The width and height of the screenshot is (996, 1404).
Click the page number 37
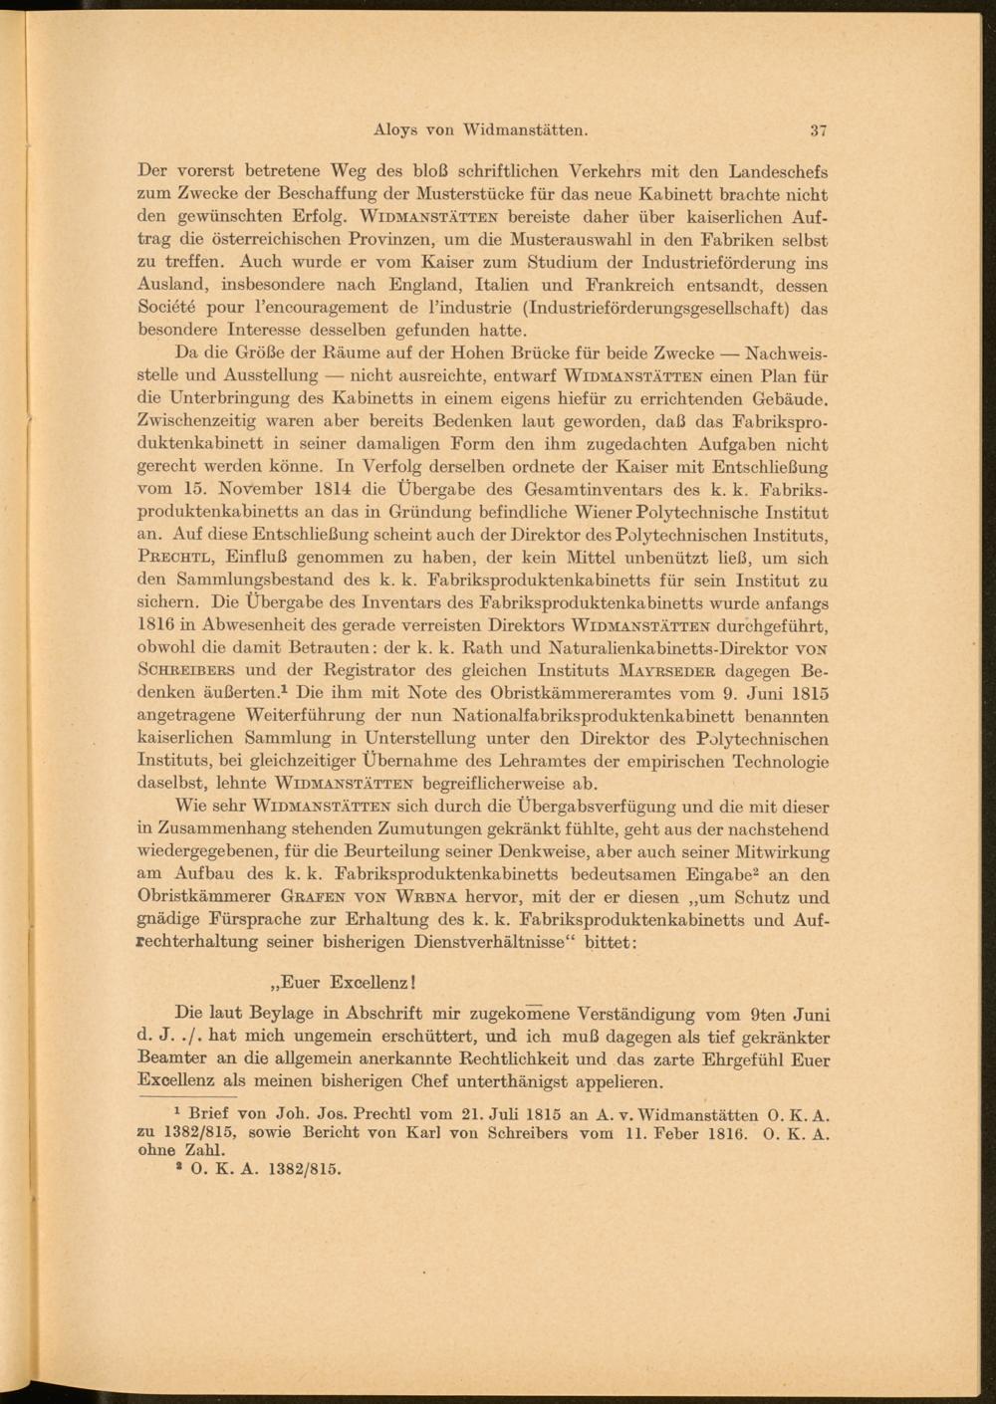pyautogui.click(x=819, y=129)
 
